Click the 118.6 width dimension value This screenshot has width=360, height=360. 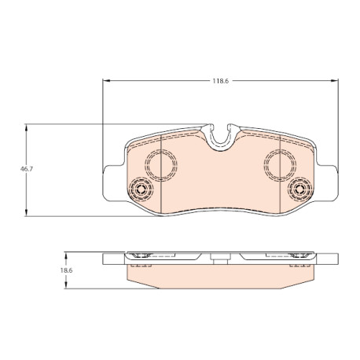220,81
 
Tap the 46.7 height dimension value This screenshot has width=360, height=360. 27,169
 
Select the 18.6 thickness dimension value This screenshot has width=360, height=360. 66,270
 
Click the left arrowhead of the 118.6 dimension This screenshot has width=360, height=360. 105,81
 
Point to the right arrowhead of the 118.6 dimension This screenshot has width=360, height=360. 335,81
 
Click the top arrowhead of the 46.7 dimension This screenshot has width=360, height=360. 26,128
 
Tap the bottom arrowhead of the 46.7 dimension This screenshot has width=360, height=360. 26,213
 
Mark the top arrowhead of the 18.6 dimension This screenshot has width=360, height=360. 66,255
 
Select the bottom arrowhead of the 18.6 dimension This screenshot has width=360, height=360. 66,285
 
